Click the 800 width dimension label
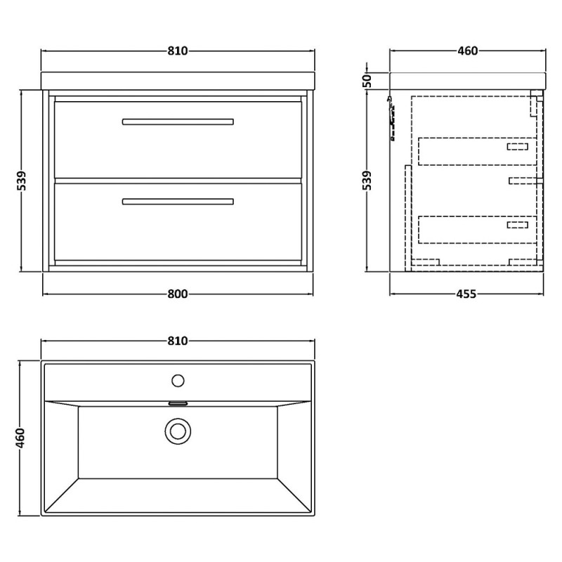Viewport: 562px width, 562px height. [178, 294]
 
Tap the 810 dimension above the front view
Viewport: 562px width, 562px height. [178, 51]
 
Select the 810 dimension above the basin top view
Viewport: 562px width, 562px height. [178, 341]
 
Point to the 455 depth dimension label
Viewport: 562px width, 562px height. [466, 294]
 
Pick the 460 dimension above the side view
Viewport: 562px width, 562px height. [468, 51]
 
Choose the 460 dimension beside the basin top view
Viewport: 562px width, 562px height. [21, 438]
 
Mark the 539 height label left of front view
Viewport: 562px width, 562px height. [22, 181]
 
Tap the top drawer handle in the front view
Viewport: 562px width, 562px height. [178, 122]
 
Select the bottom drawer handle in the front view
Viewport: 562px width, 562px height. [178, 202]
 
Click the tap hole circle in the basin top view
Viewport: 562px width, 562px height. [178, 381]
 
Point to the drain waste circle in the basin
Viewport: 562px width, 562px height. [178, 431]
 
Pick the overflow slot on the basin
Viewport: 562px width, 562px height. [178, 403]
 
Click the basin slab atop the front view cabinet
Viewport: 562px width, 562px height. [178, 81]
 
